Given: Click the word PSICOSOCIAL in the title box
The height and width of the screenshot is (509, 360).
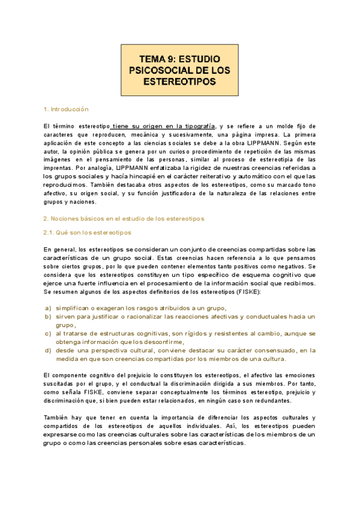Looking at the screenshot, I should click(155, 70).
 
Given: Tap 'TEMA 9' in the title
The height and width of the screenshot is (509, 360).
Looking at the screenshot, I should click(155, 59).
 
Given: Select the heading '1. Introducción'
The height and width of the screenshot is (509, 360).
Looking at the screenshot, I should click(66, 109).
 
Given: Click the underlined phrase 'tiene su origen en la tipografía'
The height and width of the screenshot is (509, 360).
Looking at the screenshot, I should click(163, 126).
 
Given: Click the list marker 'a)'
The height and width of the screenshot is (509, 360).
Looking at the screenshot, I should click(47, 308).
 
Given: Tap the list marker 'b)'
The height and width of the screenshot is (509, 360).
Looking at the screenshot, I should click(47, 316).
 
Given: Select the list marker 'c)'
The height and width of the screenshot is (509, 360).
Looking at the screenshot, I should click(47, 333).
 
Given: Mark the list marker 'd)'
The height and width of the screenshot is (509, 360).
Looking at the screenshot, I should click(47, 350).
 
